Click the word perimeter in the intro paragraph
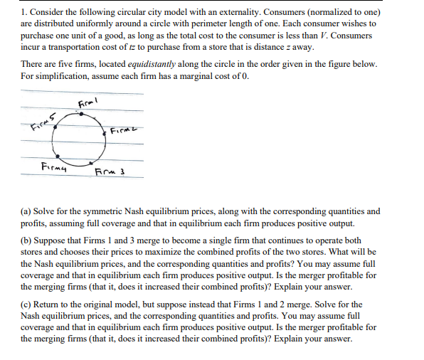pyautogui.click(x=228, y=23)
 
